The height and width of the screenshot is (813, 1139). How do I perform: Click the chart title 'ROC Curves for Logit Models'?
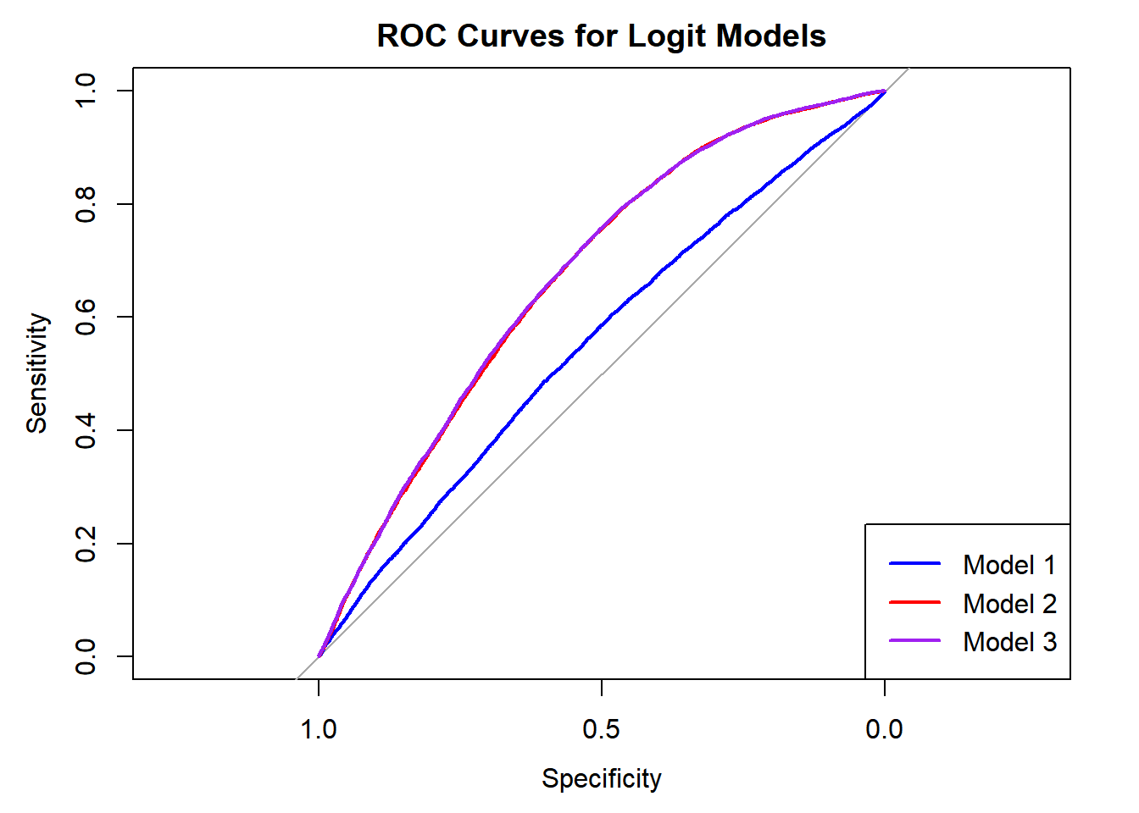point(601,36)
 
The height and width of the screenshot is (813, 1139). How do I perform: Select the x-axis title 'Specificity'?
point(601,778)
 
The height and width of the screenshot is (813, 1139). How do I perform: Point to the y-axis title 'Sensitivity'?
point(36,373)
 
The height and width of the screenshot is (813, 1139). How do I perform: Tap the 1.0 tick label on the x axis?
point(319,729)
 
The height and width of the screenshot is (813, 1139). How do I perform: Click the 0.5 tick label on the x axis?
point(601,729)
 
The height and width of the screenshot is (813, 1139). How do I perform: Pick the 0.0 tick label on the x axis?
point(884,729)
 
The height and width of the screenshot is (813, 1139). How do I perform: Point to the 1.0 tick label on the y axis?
point(86,91)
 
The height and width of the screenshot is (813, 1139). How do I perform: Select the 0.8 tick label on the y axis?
point(86,204)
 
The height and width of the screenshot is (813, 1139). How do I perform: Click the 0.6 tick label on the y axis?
point(86,317)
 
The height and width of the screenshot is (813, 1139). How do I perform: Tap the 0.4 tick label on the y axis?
point(86,430)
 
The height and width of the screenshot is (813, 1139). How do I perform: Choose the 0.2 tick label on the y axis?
point(86,543)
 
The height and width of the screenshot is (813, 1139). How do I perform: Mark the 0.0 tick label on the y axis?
point(86,656)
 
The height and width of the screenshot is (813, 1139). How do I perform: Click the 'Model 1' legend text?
point(1009,565)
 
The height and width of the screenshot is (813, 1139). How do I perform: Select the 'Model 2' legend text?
point(1009,604)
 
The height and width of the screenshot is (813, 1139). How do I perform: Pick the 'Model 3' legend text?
point(1009,642)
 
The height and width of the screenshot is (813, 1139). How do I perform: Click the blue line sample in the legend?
point(915,564)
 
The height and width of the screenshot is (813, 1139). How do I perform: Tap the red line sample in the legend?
point(915,602)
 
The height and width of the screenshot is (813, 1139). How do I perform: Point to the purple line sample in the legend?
point(915,641)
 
